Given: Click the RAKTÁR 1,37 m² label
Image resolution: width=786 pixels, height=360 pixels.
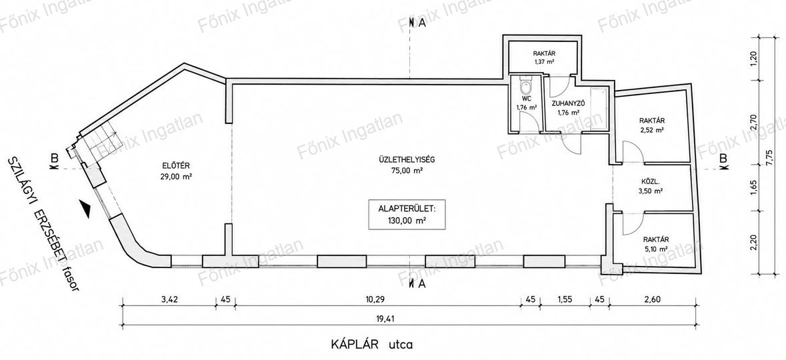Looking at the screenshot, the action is (544, 58).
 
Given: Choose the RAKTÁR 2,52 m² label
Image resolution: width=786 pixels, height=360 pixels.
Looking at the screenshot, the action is (651, 125).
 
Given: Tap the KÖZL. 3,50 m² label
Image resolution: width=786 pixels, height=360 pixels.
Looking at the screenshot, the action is (651, 186).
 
